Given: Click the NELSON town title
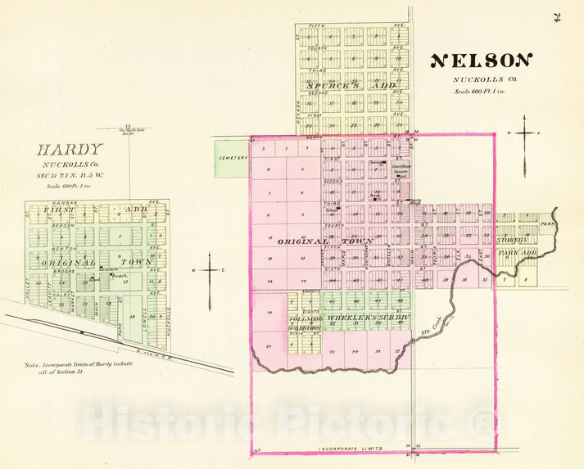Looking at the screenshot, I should tap(482, 61).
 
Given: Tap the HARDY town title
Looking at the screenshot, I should tap(70, 150).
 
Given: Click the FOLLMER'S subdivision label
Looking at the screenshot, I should tap(301, 318).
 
